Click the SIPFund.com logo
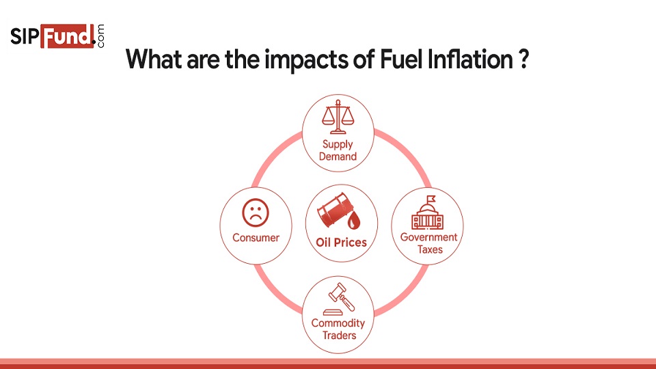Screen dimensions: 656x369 pos(57,36)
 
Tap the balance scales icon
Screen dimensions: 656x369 pos(338,117)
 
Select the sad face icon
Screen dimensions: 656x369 pos(256,213)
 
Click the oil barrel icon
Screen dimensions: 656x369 pos(338,211)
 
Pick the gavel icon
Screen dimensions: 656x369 pos(339,299)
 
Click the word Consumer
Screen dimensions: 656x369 pos(256,238)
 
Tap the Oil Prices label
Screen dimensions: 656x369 pos(341,243)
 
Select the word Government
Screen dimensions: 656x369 pos(429,237)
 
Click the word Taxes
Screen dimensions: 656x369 pos(430,250)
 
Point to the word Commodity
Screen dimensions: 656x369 pos(338,323)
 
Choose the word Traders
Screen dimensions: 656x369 pos(340,336)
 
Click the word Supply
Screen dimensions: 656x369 pos(338,145)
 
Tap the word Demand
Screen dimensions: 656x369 pos(338,156)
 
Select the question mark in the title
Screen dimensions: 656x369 pos(524,59)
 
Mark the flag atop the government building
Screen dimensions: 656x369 pos(431,199)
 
